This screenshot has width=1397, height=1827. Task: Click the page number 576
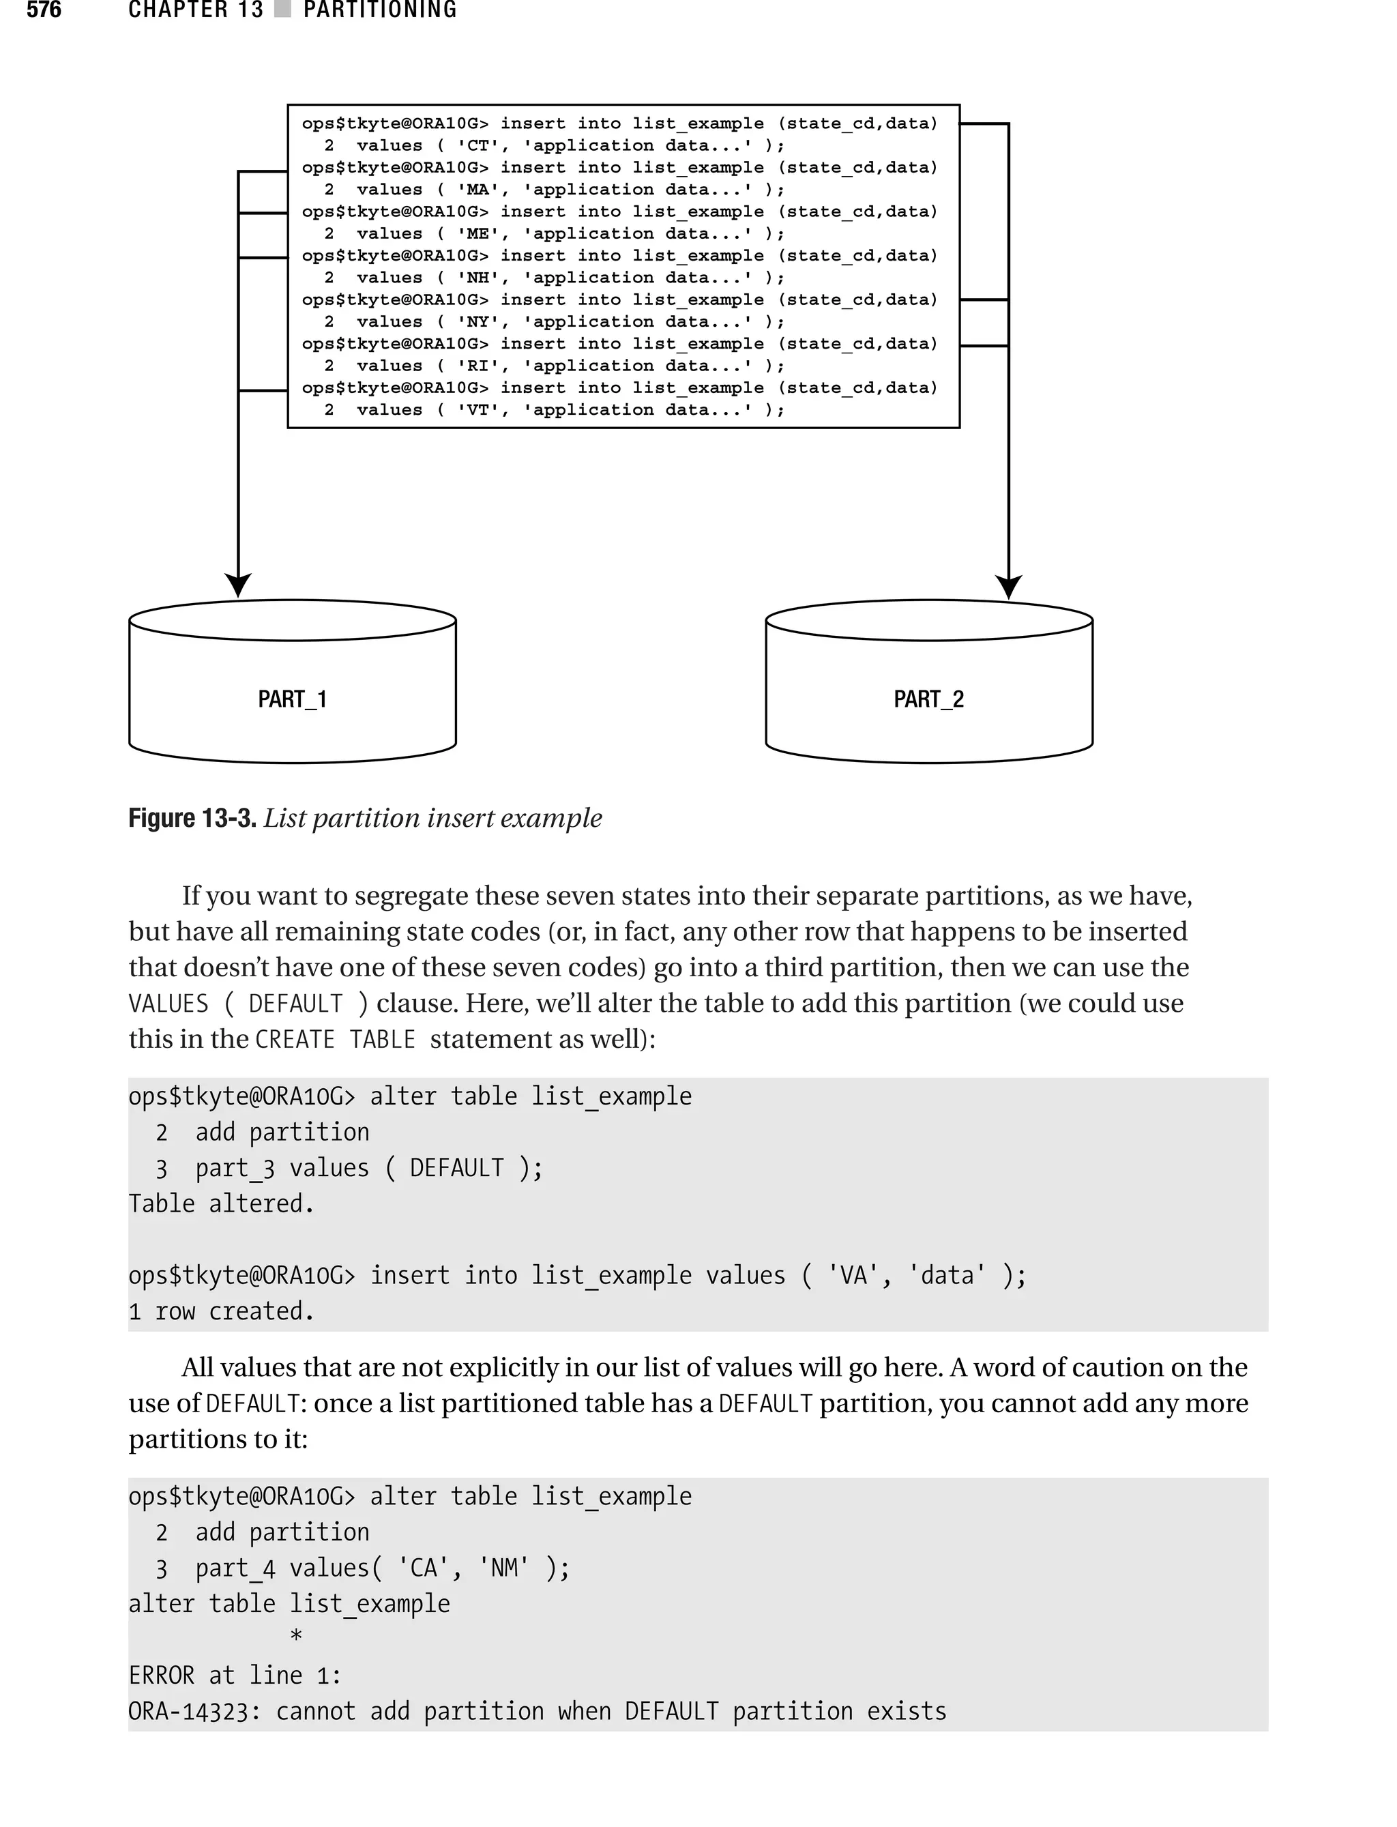coord(44,10)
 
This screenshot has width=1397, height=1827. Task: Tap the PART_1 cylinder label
coord(292,699)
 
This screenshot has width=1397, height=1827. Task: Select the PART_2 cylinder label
coord(928,699)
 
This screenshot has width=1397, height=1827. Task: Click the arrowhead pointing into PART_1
coord(238,585)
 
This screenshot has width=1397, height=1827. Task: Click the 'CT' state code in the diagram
coord(477,145)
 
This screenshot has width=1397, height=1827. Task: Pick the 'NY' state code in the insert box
coord(477,322)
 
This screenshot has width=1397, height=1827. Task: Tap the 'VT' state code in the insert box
coord(477,410)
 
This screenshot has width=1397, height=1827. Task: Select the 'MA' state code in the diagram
coord(477,190)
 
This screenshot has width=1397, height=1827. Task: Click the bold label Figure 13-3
coord(192,818)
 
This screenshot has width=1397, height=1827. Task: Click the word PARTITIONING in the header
coord(380,10)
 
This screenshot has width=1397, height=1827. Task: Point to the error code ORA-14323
coord(194,1712)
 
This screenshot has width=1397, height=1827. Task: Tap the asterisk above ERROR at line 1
coord(296,1637)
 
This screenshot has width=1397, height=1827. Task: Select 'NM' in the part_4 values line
coord(504,1568)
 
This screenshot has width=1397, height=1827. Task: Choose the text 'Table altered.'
coord(221,1204)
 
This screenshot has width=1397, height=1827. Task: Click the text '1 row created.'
coord(221,1311)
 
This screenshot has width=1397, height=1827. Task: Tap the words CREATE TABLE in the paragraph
coord(335,1040)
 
